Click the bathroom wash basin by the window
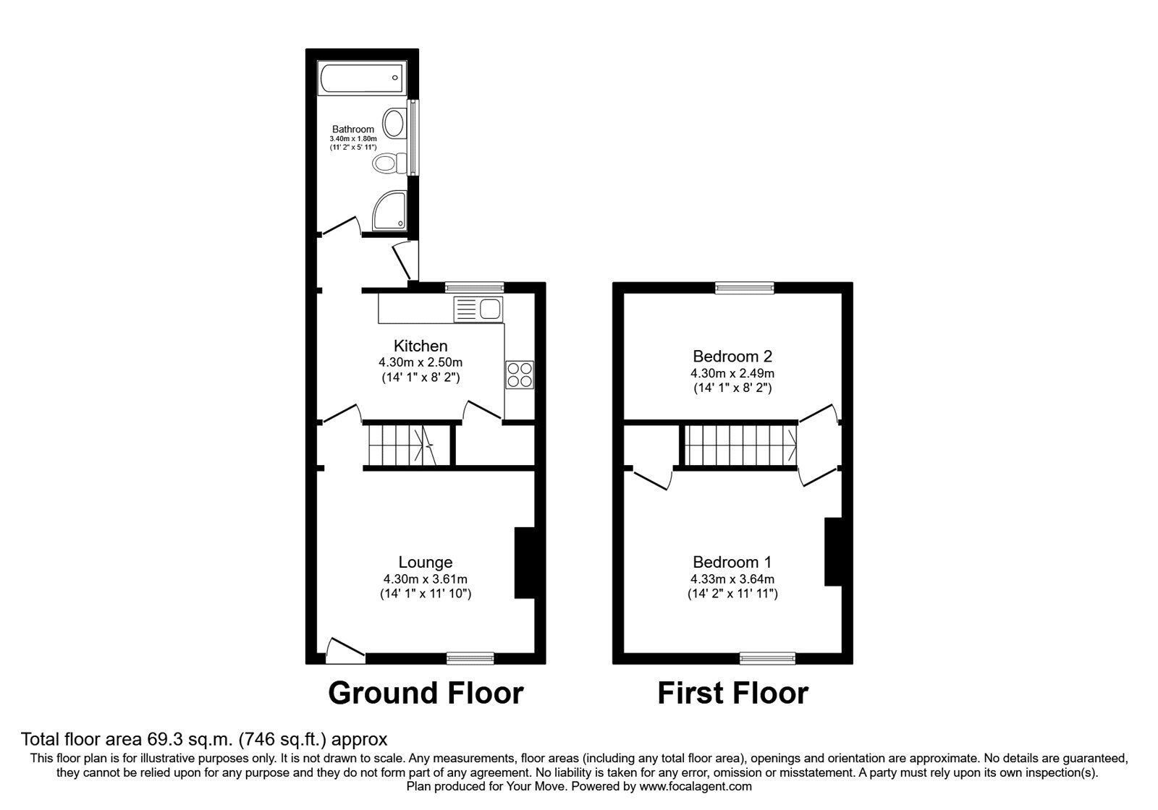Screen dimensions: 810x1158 (x=395, y=123)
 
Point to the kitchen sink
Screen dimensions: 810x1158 (x=478, y=310)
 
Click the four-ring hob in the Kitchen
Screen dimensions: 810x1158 (x=520, y=375)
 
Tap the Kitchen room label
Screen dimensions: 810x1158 (x=420, y=346)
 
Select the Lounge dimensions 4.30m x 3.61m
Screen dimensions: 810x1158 (x=426, y=579)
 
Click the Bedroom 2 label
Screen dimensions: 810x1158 (x=732, y=356)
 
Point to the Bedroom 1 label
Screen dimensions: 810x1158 (x=732, y=562)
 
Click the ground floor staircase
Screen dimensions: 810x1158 (x=399, y=445)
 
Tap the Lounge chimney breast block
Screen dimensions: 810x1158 (x=523, y=563)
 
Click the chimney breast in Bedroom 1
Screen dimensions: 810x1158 (x=832, y=551)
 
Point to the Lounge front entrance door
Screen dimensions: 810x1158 (x=345, y=650)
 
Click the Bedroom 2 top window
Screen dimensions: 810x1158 (x=745, y=288)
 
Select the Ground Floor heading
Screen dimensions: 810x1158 (x=426, y=693)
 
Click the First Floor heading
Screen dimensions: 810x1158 (x=732, y=693)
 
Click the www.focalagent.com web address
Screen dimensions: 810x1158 (x=696, y=786)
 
